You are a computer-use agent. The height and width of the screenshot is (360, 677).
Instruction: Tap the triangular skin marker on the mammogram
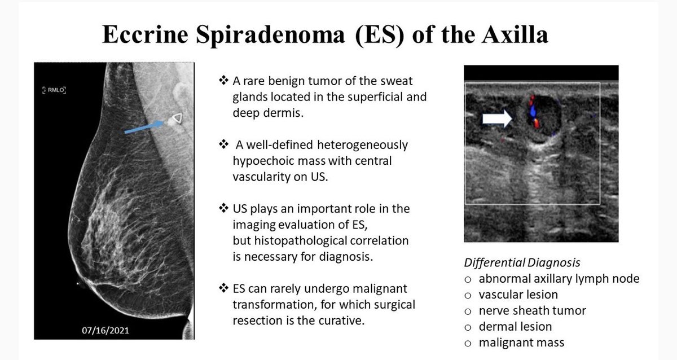pyautogui.click(x=177, y=118)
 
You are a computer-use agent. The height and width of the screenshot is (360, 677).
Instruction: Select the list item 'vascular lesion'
pyautogui.click(x=518, y=294)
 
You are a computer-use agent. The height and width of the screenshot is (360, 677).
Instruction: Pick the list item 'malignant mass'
pyautogui.click(x=521, y=342)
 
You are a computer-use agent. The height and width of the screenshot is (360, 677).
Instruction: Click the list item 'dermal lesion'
pyautogui.click(x=515, y=326)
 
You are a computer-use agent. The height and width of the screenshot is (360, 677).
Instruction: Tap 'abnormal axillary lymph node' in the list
pyautogui.click(x=559, y=278)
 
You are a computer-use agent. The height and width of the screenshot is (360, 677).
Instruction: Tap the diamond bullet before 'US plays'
pyautogui.click(x=222, y=209)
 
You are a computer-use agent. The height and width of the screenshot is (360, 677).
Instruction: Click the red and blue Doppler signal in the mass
pyautogui.click(x=532, y=111)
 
